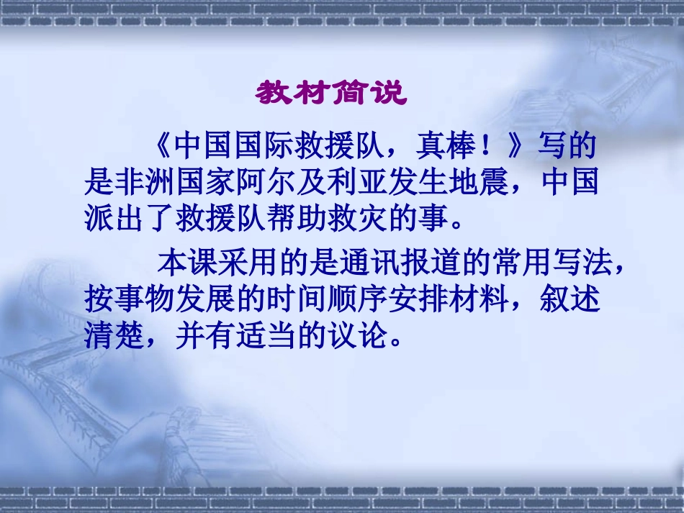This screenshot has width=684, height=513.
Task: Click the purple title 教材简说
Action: click(x=332, y=94)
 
